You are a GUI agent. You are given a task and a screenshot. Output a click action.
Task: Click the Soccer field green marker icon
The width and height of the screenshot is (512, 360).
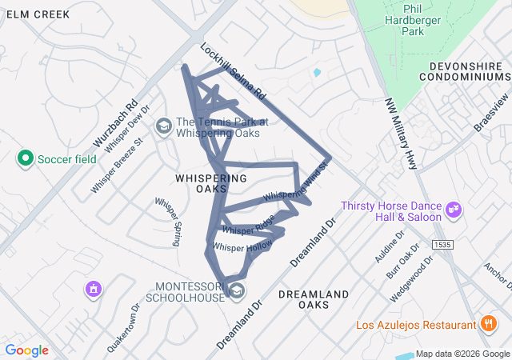coord(25,158)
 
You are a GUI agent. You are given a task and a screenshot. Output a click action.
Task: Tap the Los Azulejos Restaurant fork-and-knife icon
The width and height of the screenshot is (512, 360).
coord(487,324)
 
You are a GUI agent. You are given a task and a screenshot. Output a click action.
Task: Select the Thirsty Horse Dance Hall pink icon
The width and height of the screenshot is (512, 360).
coord(454,210)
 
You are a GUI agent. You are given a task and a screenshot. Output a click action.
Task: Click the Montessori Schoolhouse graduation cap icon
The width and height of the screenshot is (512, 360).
coord(237,290)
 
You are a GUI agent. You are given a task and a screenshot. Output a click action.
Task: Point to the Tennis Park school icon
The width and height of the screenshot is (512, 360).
coord(164,126)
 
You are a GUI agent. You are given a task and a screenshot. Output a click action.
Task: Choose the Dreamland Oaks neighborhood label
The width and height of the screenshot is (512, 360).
coord(314,299)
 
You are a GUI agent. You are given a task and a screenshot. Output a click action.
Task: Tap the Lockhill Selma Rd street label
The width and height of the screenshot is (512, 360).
coord(233,71)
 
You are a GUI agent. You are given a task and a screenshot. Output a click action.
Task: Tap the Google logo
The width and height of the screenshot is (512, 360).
coord(27,350)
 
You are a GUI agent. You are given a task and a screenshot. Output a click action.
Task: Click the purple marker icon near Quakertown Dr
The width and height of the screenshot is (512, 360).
coord(94,288)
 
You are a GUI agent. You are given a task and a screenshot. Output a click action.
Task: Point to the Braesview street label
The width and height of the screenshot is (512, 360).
coord(491,117)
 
